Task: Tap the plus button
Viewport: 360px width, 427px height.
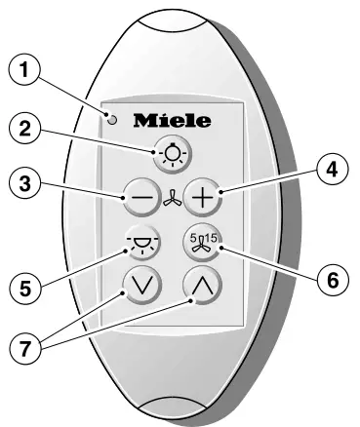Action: (x=204, y=198)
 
